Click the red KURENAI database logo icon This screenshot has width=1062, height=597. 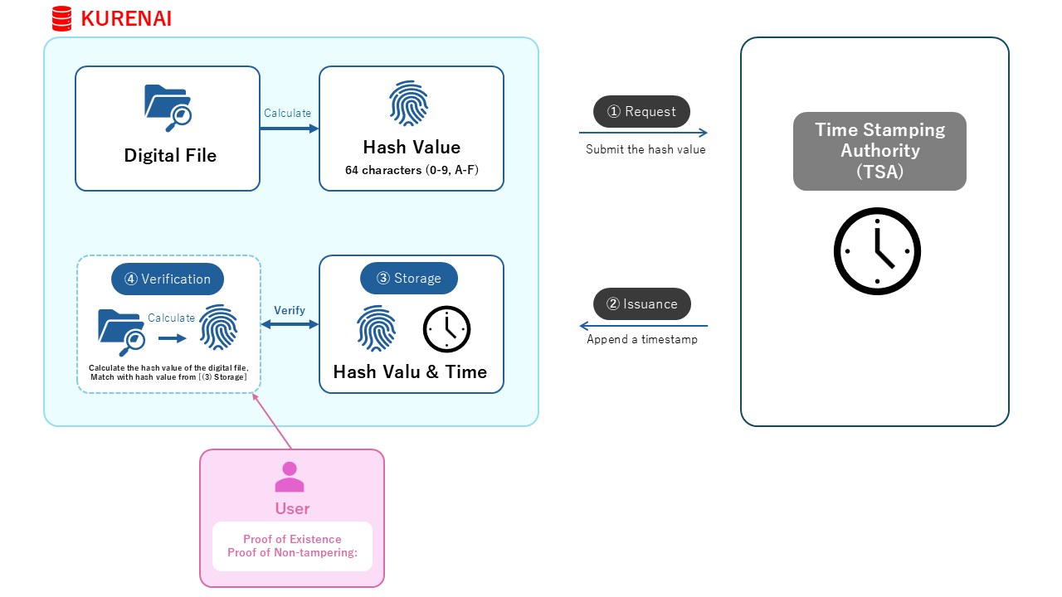tap(61, 18)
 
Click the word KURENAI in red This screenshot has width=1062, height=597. tap(126, 19)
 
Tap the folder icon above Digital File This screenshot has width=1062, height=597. tap(168, 108)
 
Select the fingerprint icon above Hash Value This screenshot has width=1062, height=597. tap(409, 104)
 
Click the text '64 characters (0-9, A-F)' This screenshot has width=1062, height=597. tap(412, 170)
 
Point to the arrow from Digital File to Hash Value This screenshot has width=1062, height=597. tap(290, 129)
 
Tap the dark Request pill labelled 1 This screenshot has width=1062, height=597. tap(641, 111)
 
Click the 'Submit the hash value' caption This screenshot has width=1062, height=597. tap(645, 149)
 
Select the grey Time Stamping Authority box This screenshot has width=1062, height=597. tap(879, 151)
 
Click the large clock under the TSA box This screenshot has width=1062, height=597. tap(877, 251)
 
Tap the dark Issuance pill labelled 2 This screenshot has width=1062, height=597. tap(642, 303)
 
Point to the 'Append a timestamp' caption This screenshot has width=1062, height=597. tap(642, 339)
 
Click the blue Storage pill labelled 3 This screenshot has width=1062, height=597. tap(409, 278)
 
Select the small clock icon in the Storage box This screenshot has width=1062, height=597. tap(446, 329)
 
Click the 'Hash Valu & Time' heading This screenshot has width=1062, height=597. tap(410, 372)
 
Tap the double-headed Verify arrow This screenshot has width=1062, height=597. tap(290, 324)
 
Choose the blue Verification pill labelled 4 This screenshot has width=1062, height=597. tap(168, 279)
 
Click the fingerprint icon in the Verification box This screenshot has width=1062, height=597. tap(218, 328)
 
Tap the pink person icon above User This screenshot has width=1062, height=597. tap(290, 477)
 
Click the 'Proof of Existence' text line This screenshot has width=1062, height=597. tap(292, 539)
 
